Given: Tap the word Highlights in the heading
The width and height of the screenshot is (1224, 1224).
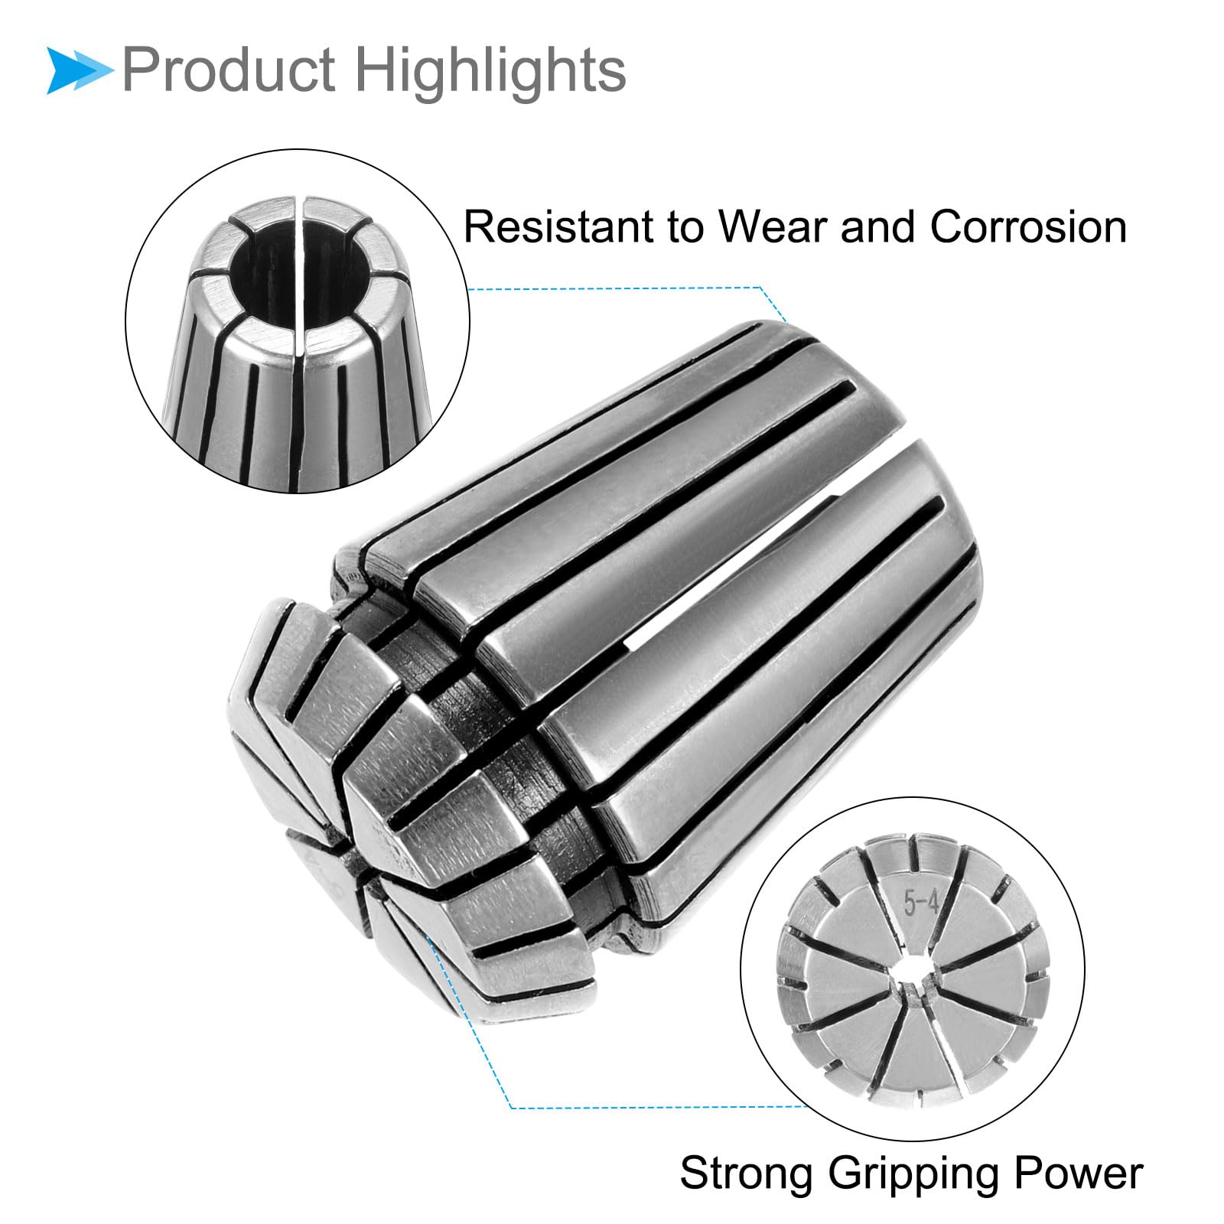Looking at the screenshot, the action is tap(490, 71).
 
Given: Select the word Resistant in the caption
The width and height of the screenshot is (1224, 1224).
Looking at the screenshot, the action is tap(557, 227).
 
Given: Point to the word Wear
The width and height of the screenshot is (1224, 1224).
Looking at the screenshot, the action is tap(774, 227).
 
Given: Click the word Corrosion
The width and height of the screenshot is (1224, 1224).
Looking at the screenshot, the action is tap(1028, 227).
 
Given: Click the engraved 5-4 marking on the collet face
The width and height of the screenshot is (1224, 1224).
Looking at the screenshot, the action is tap(921, 904).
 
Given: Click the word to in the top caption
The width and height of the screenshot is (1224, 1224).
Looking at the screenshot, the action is tap(684, 229).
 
